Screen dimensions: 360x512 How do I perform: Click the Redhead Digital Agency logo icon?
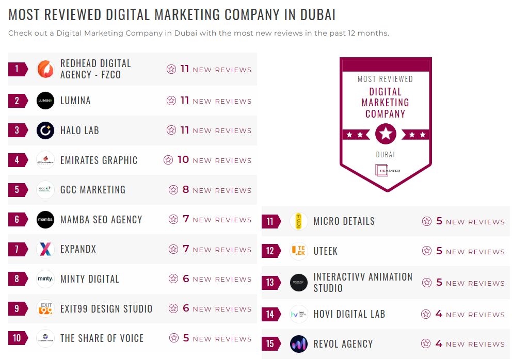pos(45,69)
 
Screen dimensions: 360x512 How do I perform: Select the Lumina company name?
pos(75,101)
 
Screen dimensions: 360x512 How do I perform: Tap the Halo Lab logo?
pos(45,130)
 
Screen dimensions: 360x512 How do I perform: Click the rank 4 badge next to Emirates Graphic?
pos(17,160)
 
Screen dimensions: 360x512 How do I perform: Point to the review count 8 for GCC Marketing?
pos(186,190)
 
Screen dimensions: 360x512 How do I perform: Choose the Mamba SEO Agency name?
pos(101,220)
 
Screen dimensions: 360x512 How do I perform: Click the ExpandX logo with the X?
pos(45,250)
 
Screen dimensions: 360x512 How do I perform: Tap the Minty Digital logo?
pos(45,279)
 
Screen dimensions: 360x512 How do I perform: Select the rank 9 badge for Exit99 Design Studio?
pos(17,309)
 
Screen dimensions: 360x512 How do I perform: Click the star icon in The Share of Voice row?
pos(173,338)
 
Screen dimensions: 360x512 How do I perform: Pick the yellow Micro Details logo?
pos(299,221)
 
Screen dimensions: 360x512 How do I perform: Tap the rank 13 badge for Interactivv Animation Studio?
pos(270,283)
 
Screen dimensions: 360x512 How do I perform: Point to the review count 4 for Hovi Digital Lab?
pos(439,314)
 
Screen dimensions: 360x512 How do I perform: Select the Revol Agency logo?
pos(299,344)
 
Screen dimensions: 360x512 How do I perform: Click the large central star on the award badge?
pos(386,134)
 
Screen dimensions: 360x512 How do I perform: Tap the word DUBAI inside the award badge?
pos(386,155)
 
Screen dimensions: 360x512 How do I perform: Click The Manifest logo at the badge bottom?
pos(386,170)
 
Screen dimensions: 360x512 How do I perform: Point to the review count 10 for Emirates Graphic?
pos(183,160)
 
